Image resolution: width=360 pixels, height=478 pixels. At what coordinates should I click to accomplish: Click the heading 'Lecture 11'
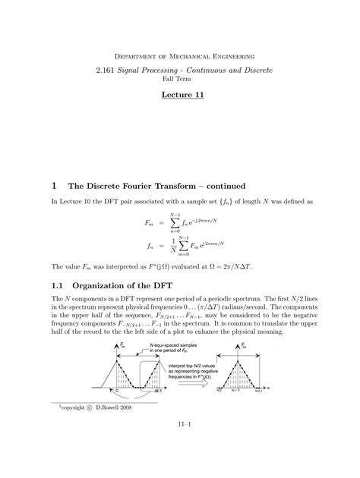pyautogui.click(x=179, y=99)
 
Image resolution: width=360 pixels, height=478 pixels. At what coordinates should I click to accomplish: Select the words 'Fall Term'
pyautogui.click(x=179, y=79)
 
